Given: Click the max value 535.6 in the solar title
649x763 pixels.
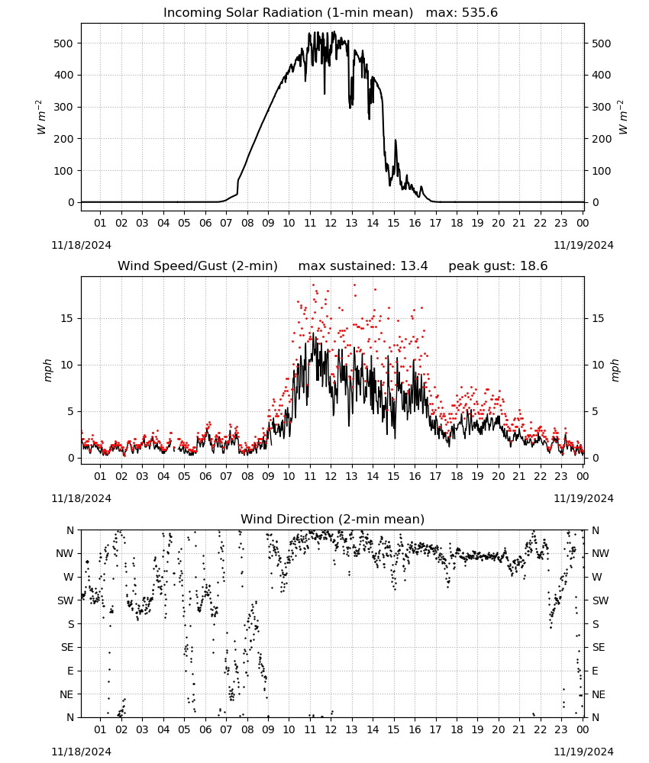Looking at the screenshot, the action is click(x=479, y=13).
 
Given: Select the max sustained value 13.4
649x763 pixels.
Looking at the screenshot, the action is click(x=414, y=266).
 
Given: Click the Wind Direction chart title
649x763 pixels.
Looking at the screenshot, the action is click(x=333, y=519).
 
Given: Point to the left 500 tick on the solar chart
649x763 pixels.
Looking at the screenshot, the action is click(x=63, y=43).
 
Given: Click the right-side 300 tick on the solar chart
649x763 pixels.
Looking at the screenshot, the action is click(x=602, y=107).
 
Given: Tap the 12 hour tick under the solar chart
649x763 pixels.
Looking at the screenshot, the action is click(x=331, y=223).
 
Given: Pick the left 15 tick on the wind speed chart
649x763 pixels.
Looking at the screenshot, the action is click(x=66, y=318).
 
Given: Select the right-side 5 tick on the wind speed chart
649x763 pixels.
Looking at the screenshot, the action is click(x=595, y=412).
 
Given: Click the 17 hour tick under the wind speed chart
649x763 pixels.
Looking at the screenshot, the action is click(x=435, y=476).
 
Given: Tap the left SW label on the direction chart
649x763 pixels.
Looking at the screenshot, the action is click(x=65, y=600).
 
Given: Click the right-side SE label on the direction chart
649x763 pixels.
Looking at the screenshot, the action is click(x=599, y=647).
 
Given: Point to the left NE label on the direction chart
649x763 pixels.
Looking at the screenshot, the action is click(x=66, y=694).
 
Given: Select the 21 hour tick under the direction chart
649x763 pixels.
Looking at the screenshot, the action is click(x=519, y=729).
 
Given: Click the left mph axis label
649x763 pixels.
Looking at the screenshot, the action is click(x=47, y=370).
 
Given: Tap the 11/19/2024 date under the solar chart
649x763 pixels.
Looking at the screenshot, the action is click(x=583, y=245).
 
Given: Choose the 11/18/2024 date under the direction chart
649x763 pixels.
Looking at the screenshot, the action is click(x=81, y=752).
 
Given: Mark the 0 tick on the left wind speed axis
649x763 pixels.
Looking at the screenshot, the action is click(x=70, y=458).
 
